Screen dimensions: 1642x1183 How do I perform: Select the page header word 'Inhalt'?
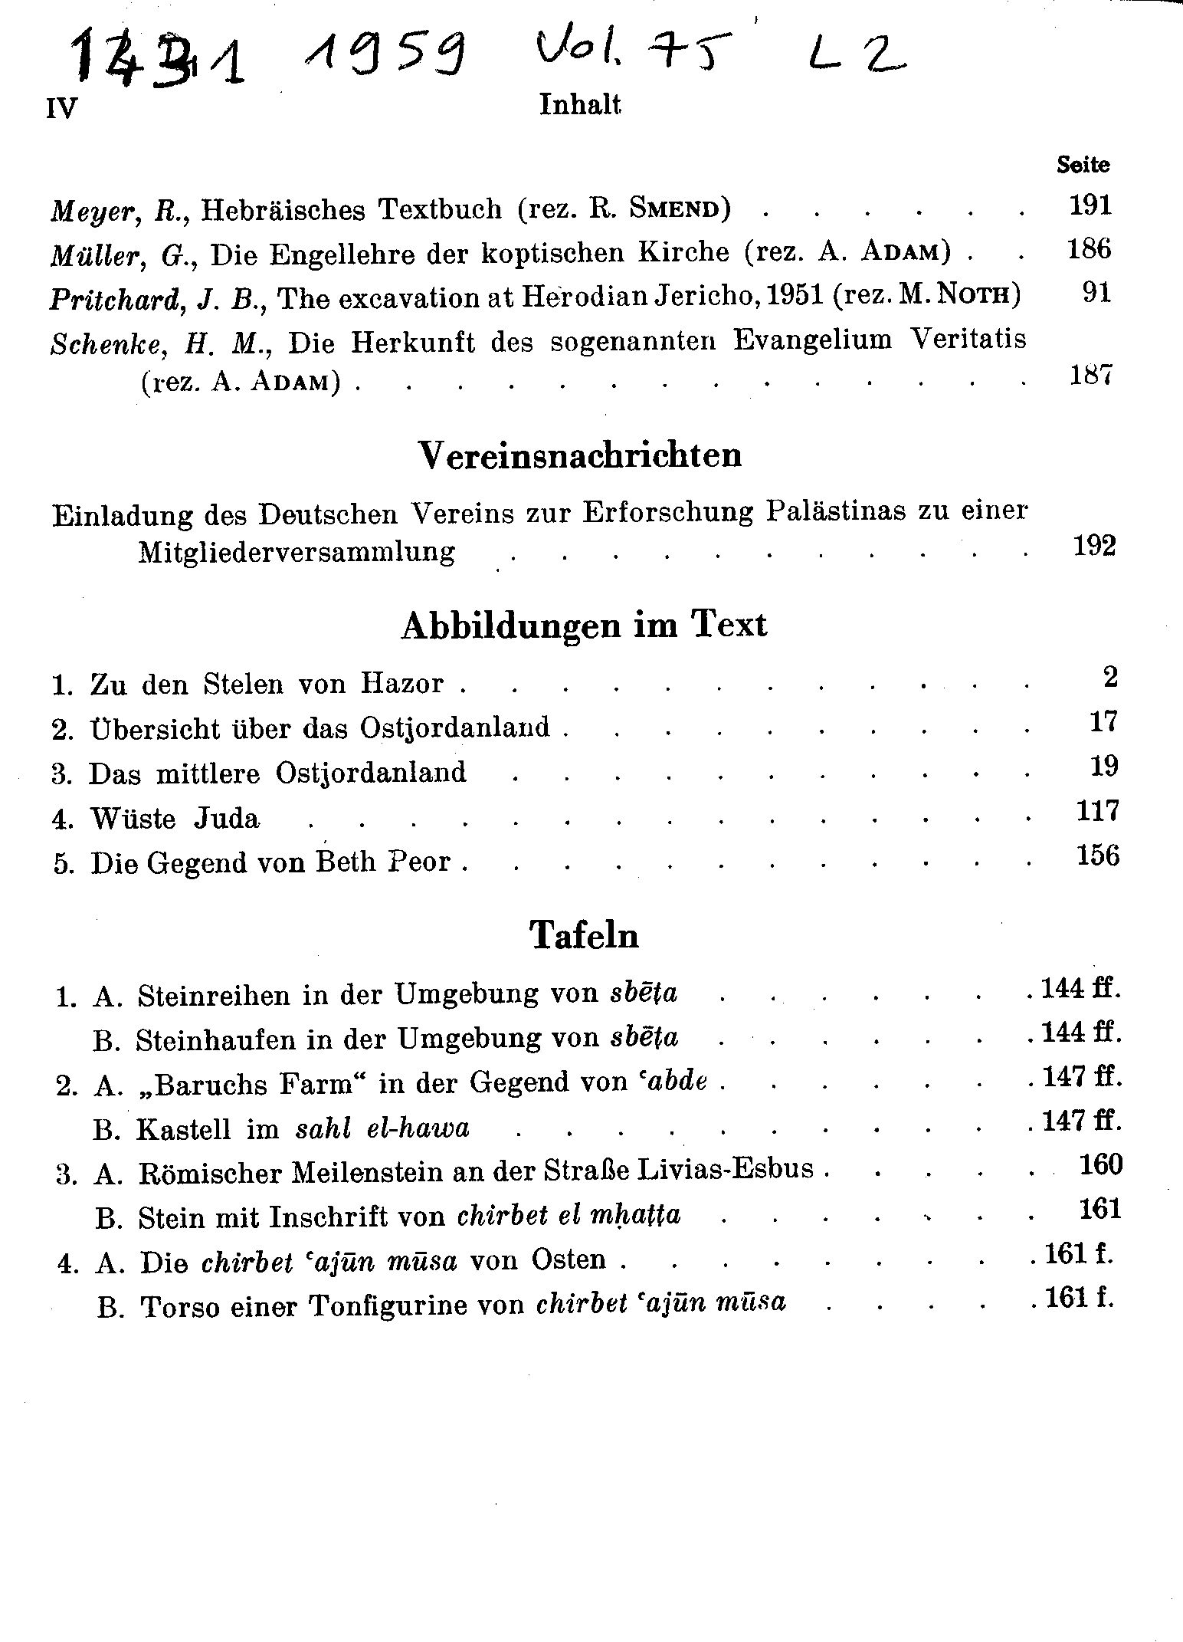coord(579,105)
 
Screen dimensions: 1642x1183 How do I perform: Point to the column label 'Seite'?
coord(1083,164)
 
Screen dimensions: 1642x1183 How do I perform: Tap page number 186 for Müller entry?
coord(1089,249)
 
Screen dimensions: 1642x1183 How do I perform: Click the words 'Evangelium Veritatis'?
coord(880,340)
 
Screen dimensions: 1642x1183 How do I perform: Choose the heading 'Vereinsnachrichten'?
coord(581,455)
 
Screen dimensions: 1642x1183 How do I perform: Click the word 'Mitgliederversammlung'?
coord(296,552)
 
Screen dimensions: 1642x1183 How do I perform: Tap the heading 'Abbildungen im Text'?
coord(583,626)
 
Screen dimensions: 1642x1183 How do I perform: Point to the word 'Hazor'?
coord(406,682)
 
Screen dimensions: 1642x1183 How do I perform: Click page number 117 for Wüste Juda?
coord(1096,811)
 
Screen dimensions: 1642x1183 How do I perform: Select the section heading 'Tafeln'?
coord(584,935)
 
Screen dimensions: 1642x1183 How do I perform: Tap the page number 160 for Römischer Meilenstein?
coord(1100,1165)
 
